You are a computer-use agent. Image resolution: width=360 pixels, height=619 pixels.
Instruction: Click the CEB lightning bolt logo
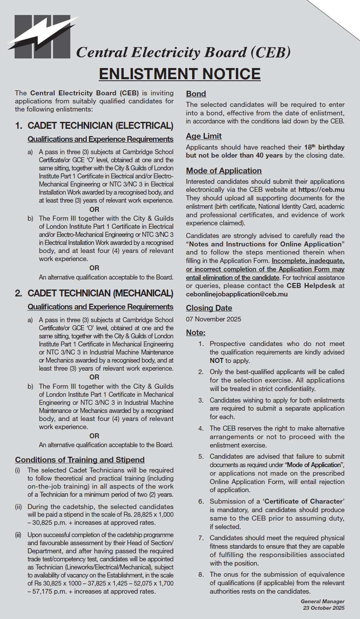coord(42,37)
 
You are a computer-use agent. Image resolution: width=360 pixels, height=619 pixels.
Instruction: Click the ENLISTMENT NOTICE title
coord(180,74)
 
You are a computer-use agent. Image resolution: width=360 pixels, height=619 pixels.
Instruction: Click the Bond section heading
coord(196,94)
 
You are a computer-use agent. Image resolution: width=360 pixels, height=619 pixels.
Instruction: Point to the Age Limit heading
coord(204,136)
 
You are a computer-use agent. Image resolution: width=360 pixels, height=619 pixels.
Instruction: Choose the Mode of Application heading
coord(224,171)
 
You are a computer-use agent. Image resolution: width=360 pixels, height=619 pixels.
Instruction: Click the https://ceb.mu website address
coord(321,190)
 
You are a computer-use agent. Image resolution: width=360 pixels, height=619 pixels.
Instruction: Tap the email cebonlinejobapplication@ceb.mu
coord(237,294)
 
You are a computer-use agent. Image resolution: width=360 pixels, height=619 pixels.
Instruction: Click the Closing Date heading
coord(209,308)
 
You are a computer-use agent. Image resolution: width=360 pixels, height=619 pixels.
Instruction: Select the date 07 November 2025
coord(214,319)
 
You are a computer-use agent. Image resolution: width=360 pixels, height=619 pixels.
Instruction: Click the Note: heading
coord(196,333)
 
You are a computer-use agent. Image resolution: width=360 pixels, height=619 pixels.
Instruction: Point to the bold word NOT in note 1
coord(217,361)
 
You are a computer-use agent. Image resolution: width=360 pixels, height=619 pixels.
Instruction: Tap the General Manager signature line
coord(323,601)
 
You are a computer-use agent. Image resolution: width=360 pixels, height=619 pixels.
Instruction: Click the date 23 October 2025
coord(324,608)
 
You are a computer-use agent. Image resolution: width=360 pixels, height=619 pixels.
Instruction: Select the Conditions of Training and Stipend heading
coord(80,460)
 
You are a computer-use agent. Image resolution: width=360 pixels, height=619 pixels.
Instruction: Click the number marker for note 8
coord(201,574)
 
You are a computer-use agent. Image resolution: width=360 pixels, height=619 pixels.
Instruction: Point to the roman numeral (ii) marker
coord(18,507)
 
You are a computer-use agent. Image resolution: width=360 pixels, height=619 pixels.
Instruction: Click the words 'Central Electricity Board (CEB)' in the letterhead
coord(183,52)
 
